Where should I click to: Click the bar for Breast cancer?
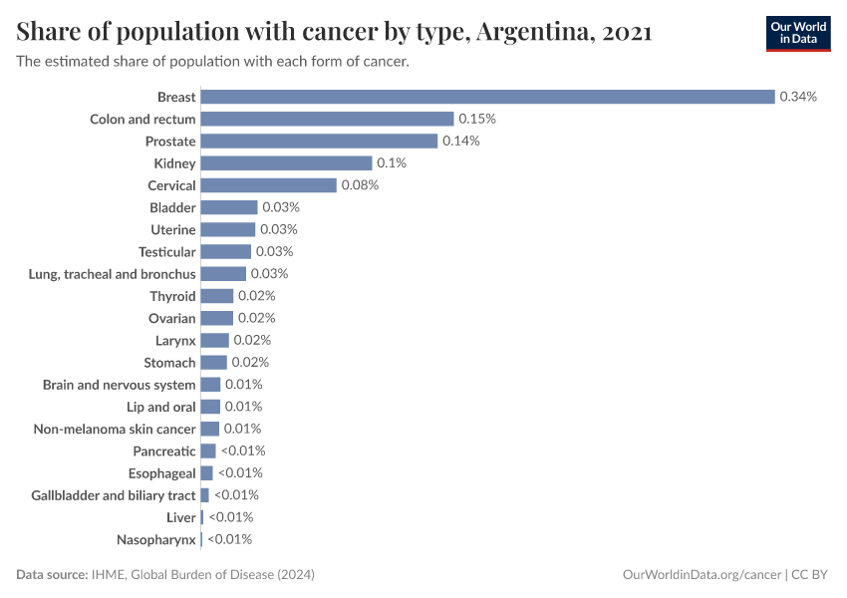(x=487, y=97)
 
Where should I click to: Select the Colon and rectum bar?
(x=320, y=119)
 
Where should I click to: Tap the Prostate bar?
(x=319, y=142)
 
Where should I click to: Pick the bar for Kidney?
(x=286, y=163)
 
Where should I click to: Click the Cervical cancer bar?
(x=269, y=185)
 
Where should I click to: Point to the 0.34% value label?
(x=798, y=97)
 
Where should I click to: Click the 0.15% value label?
(x=477, y=119)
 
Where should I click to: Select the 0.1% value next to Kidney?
(x=392, y=163)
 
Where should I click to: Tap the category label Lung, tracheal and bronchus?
(x=113, y=274)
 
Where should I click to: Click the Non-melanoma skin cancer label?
(x=115, y=429)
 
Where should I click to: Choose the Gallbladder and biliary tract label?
(x=114, y=495)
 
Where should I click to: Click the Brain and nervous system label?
(x=119, y=385)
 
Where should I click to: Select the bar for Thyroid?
(x=217, y=296)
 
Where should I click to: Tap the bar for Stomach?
(x=214, y=363)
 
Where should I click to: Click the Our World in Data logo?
(x=798, y=33)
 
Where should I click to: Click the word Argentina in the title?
(x=533, y=33)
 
